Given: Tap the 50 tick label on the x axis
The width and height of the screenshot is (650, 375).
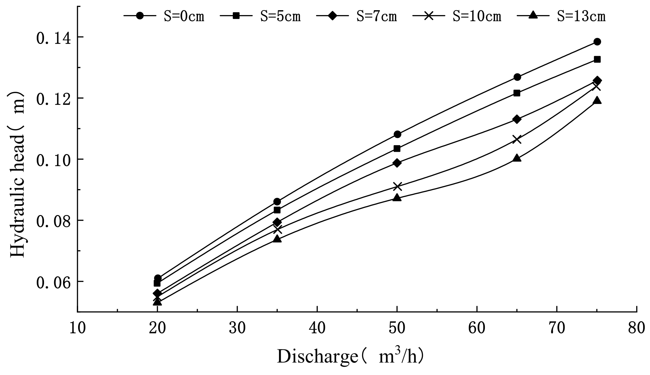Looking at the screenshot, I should pos(397,328).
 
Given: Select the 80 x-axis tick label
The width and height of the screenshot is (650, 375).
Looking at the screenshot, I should pos(637,328).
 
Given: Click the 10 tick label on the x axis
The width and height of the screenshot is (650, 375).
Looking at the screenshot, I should pos(77,328).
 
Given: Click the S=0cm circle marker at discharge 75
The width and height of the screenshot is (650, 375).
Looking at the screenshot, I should pos(597,42).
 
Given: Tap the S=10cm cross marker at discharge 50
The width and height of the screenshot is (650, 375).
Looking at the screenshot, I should pos(397,187).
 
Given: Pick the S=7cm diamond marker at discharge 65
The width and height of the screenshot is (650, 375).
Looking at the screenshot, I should pos(517,119).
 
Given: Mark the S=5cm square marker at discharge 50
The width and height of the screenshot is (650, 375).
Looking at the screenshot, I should pos(397,148).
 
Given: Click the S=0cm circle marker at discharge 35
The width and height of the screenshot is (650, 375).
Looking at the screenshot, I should pos(277,202).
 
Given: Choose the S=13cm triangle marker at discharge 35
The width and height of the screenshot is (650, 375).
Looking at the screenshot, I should pos(277,239).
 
